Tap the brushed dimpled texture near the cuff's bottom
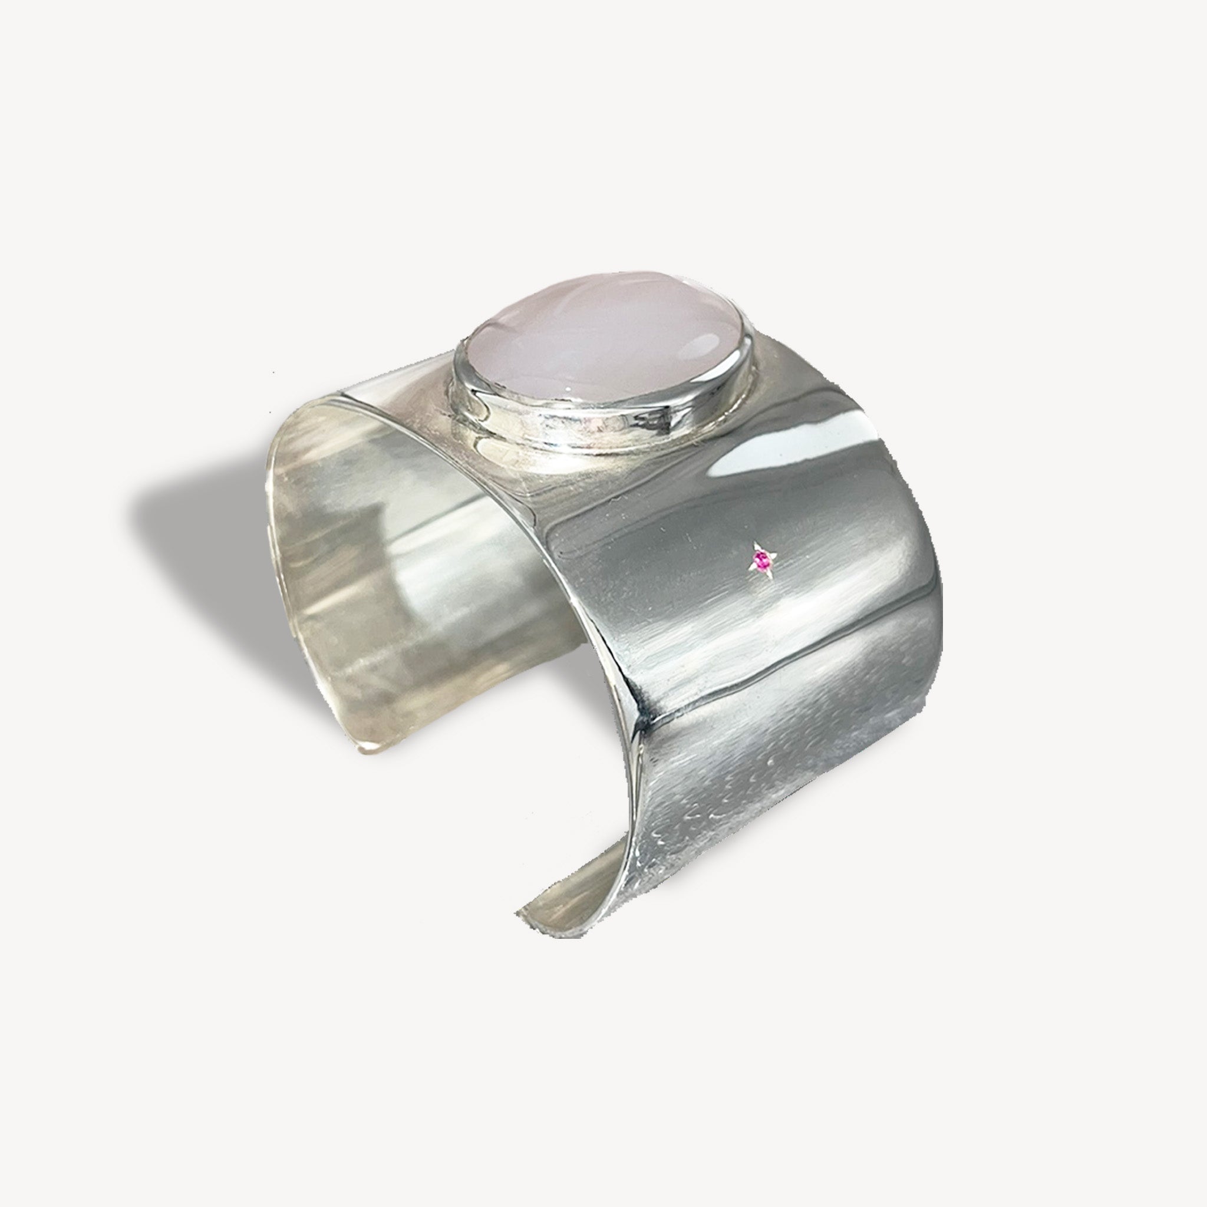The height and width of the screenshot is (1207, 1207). point(718,831)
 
